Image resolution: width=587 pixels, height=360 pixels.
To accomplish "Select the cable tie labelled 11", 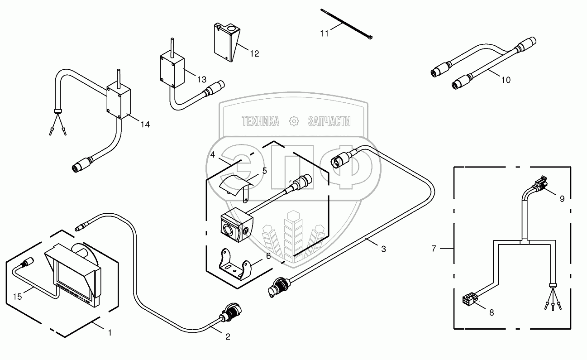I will [x=346, y=25].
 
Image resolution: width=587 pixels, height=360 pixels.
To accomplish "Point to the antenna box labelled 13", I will [x=172, y=69].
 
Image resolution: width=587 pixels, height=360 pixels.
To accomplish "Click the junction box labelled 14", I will [x=119, y=102].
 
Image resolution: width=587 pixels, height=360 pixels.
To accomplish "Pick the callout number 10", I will [x=506, y=80].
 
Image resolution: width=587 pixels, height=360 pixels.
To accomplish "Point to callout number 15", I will [x=18, y=297].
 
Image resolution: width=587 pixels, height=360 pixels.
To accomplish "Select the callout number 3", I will [x=383, y=249].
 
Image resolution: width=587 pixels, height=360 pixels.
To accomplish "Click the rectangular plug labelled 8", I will [x=467, y=299].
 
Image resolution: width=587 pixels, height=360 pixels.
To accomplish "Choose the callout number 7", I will [x=434, y=248].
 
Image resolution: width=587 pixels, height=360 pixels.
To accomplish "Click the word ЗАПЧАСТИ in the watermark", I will [x=329, y=121].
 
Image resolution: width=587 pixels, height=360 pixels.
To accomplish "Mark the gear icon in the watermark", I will [x=294, y=121].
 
